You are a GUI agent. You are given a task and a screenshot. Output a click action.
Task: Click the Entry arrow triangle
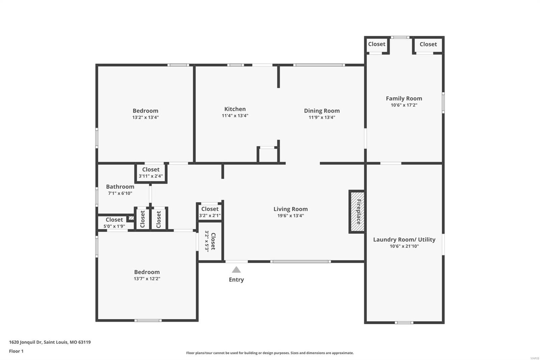(x=236, y=269)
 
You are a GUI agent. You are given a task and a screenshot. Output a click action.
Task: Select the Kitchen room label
(x=235, y=109)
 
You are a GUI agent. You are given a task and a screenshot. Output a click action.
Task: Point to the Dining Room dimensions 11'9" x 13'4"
(x=322, y=118)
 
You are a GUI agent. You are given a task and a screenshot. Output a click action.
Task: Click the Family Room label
(x=404, y=98)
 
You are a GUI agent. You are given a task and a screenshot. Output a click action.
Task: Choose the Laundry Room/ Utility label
(x=404, y=239)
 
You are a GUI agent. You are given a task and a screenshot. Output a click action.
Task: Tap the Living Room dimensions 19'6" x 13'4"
(x=291, y=216)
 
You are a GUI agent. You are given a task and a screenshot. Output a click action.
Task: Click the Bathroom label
(x=120, y=186)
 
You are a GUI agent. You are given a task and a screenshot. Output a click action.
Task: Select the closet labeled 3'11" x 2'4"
(x=151, y=173)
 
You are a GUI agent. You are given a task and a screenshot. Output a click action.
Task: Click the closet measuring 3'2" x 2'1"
(x=210, y=212)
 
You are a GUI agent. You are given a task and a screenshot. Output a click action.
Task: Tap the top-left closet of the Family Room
(x=376, y=44)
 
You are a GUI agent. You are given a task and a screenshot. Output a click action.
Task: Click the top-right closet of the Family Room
(x=428, y=44)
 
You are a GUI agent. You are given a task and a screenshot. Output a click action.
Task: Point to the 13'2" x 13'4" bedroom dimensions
(x=145, y=118)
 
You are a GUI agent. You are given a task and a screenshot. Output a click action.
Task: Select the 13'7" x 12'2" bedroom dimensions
(x=147, y=279)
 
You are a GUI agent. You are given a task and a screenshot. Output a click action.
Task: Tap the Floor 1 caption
(x=16, y=351)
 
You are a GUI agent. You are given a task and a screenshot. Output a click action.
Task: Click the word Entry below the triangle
(x=236, y=280)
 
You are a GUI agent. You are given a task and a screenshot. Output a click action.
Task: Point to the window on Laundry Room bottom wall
(x=404, y=323)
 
